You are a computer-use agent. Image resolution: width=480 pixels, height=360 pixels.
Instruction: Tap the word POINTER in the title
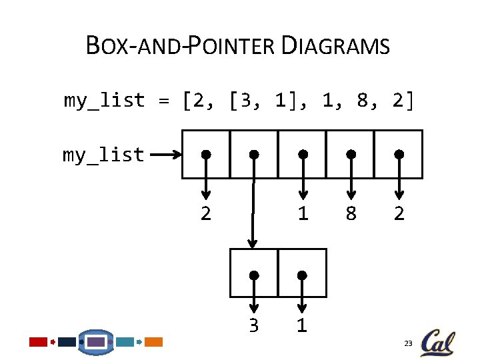233,47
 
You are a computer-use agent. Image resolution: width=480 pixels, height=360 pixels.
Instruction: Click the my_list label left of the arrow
103,155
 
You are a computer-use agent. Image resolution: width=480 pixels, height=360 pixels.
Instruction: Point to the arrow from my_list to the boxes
164,155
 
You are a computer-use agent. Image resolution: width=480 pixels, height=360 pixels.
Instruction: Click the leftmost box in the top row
206,154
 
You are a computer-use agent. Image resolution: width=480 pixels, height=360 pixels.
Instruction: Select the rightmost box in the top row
398,154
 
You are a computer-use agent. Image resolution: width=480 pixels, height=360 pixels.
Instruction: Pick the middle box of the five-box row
302,154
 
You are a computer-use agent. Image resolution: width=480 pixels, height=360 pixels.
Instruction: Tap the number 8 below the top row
351,214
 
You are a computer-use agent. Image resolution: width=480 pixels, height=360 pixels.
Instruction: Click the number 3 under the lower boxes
253,326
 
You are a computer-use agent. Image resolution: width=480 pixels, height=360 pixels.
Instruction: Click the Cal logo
437,342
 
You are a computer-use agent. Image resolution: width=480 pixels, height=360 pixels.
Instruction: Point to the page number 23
408,343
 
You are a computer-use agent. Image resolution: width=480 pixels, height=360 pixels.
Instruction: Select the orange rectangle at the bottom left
154,342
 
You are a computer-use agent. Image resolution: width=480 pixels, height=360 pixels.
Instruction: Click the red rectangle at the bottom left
38,342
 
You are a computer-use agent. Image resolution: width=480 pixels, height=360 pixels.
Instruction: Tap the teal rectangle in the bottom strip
125,342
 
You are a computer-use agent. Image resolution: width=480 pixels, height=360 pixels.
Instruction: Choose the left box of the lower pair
253,273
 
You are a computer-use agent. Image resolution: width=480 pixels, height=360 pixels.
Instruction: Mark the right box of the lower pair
302,273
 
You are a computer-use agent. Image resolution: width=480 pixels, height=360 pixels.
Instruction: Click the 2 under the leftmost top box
206,214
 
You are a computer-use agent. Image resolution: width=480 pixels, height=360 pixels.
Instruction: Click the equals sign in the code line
163,101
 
